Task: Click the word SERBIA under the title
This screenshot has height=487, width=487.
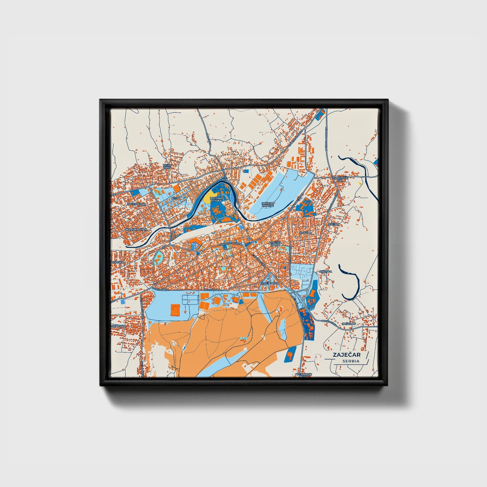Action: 351,361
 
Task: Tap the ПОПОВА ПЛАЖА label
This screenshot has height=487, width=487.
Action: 216,199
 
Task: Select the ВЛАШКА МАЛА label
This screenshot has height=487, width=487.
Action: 275,244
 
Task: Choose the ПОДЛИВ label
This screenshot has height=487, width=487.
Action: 115,262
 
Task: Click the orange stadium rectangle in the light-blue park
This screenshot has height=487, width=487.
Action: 175,309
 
